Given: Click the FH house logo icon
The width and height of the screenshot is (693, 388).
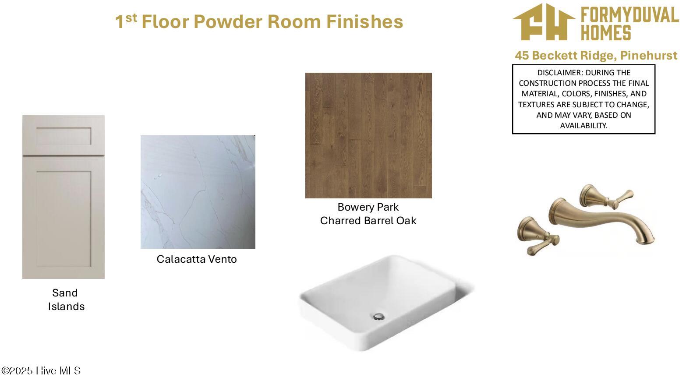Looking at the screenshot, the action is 544,22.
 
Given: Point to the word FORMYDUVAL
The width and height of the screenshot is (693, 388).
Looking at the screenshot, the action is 630,15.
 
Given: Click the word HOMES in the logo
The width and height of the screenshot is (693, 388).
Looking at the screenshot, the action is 606,33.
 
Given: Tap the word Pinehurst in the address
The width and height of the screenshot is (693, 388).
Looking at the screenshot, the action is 649,55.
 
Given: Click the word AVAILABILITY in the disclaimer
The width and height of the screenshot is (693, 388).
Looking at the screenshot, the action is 583,126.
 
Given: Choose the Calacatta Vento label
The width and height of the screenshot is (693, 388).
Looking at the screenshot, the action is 196,259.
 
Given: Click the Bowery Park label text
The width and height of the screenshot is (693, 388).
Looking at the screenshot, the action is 368,207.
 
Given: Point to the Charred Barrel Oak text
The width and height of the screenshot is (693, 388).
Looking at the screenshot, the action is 368,221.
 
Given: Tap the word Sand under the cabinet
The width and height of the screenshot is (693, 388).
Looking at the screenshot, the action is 65,293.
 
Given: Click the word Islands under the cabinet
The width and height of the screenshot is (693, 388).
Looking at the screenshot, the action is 66,307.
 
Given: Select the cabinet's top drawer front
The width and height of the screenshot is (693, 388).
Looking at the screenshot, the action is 64,135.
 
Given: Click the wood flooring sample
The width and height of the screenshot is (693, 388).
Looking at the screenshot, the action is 368,135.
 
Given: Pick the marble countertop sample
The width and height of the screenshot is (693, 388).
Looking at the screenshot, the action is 198,192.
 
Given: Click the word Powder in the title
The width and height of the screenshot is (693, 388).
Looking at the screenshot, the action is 227,21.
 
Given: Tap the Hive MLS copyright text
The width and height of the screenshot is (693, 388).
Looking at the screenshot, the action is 41,370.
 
